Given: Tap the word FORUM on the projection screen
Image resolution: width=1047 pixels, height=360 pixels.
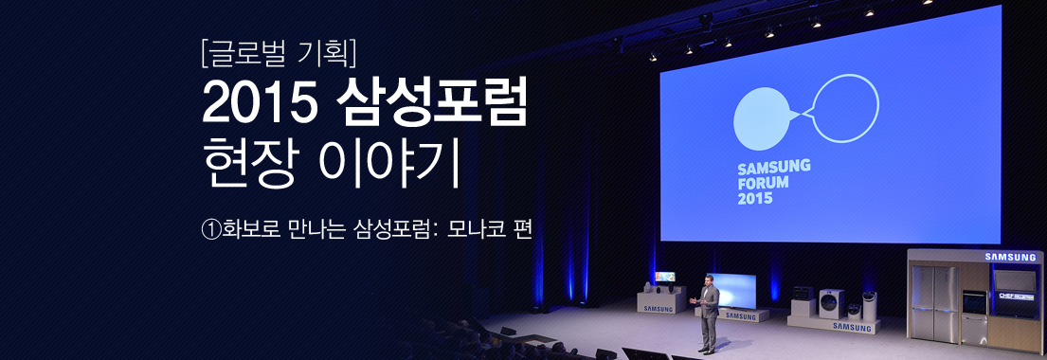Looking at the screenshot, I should point(766,183).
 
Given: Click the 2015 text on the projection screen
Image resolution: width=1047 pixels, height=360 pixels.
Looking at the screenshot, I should point(755,199).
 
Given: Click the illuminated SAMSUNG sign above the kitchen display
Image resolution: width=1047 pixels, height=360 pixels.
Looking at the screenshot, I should point(1011,257).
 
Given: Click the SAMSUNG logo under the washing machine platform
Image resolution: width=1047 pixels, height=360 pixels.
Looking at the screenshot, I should point(850,327).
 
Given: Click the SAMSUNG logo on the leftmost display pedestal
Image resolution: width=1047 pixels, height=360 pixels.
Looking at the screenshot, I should point(658,309).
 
